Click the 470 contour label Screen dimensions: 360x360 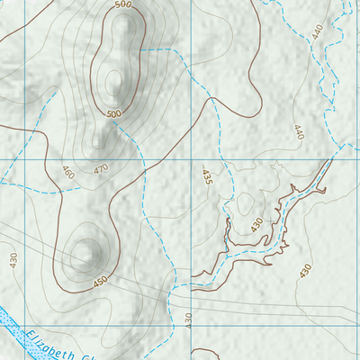point(101,168)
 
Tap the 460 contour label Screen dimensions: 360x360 point(67,172)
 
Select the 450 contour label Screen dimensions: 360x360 point(100,282)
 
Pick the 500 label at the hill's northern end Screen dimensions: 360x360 point(123,5)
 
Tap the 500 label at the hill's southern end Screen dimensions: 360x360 point(113,114)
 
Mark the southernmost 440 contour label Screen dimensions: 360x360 point(298,131)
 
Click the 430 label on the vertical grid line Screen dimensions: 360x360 point(190,319)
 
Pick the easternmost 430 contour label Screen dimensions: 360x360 point(305,269)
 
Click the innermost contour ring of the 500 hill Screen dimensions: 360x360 point(113,83)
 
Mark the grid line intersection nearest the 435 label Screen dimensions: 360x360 point(193,160)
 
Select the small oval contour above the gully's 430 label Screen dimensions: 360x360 point(245,203)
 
